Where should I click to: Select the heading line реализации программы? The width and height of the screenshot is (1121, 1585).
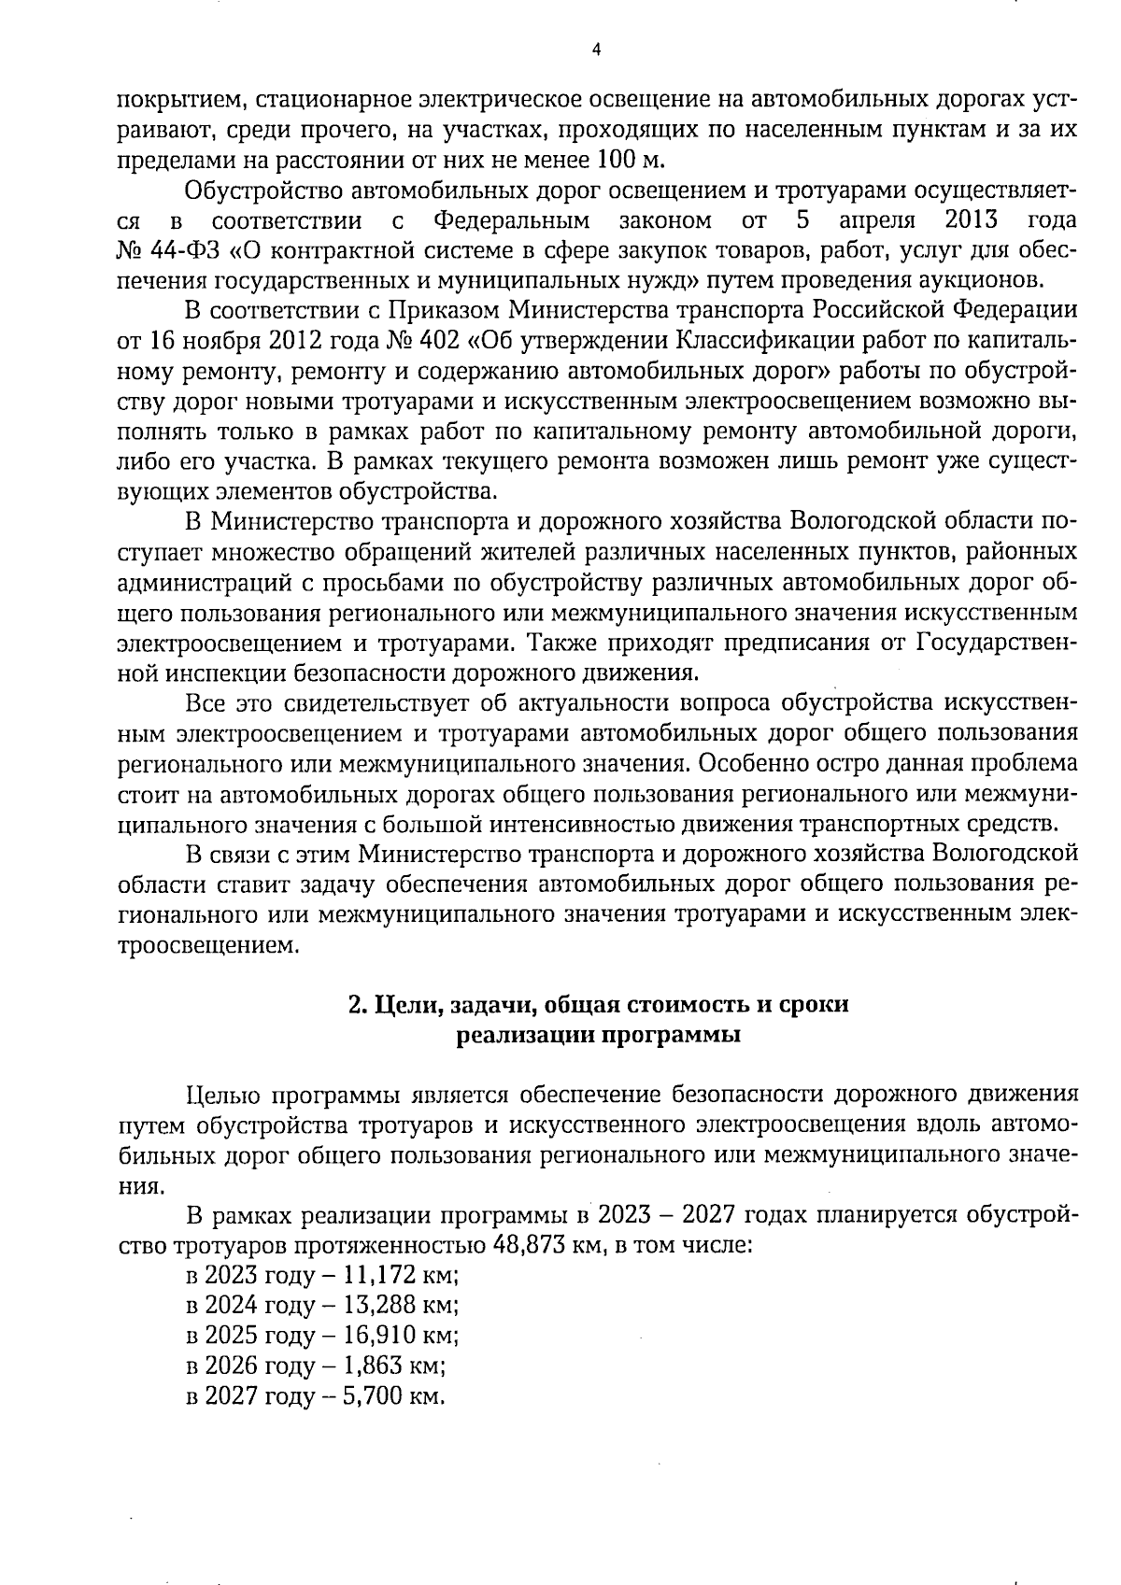pyautogui.click(x=598, y=1035)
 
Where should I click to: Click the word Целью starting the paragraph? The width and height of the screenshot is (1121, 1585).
pyautogui.click(x=222, y=1095)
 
